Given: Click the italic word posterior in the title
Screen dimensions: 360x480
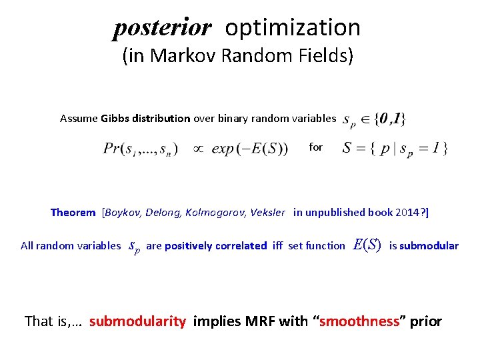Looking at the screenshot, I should (162, 28).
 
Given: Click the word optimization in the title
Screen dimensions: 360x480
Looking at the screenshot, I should (293, 27).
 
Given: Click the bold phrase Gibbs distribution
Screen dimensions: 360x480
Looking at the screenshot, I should (145, 119).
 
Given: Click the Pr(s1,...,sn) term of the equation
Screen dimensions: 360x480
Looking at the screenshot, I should (141, 149).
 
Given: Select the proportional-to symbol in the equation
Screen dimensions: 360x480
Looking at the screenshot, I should (198, 149).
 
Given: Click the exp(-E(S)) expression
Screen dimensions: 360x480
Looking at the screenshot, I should (249, 149).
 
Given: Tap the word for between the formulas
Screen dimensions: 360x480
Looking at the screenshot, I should (315, 147).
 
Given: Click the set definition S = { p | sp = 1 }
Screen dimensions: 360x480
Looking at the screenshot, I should (395, 148).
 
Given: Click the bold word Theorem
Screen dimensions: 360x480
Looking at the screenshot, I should (73, 213).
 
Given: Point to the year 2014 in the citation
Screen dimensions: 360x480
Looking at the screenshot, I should (405, 213).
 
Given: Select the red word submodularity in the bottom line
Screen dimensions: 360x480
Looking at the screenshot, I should (137, 321).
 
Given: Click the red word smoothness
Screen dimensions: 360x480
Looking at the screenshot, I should (359, 321).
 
